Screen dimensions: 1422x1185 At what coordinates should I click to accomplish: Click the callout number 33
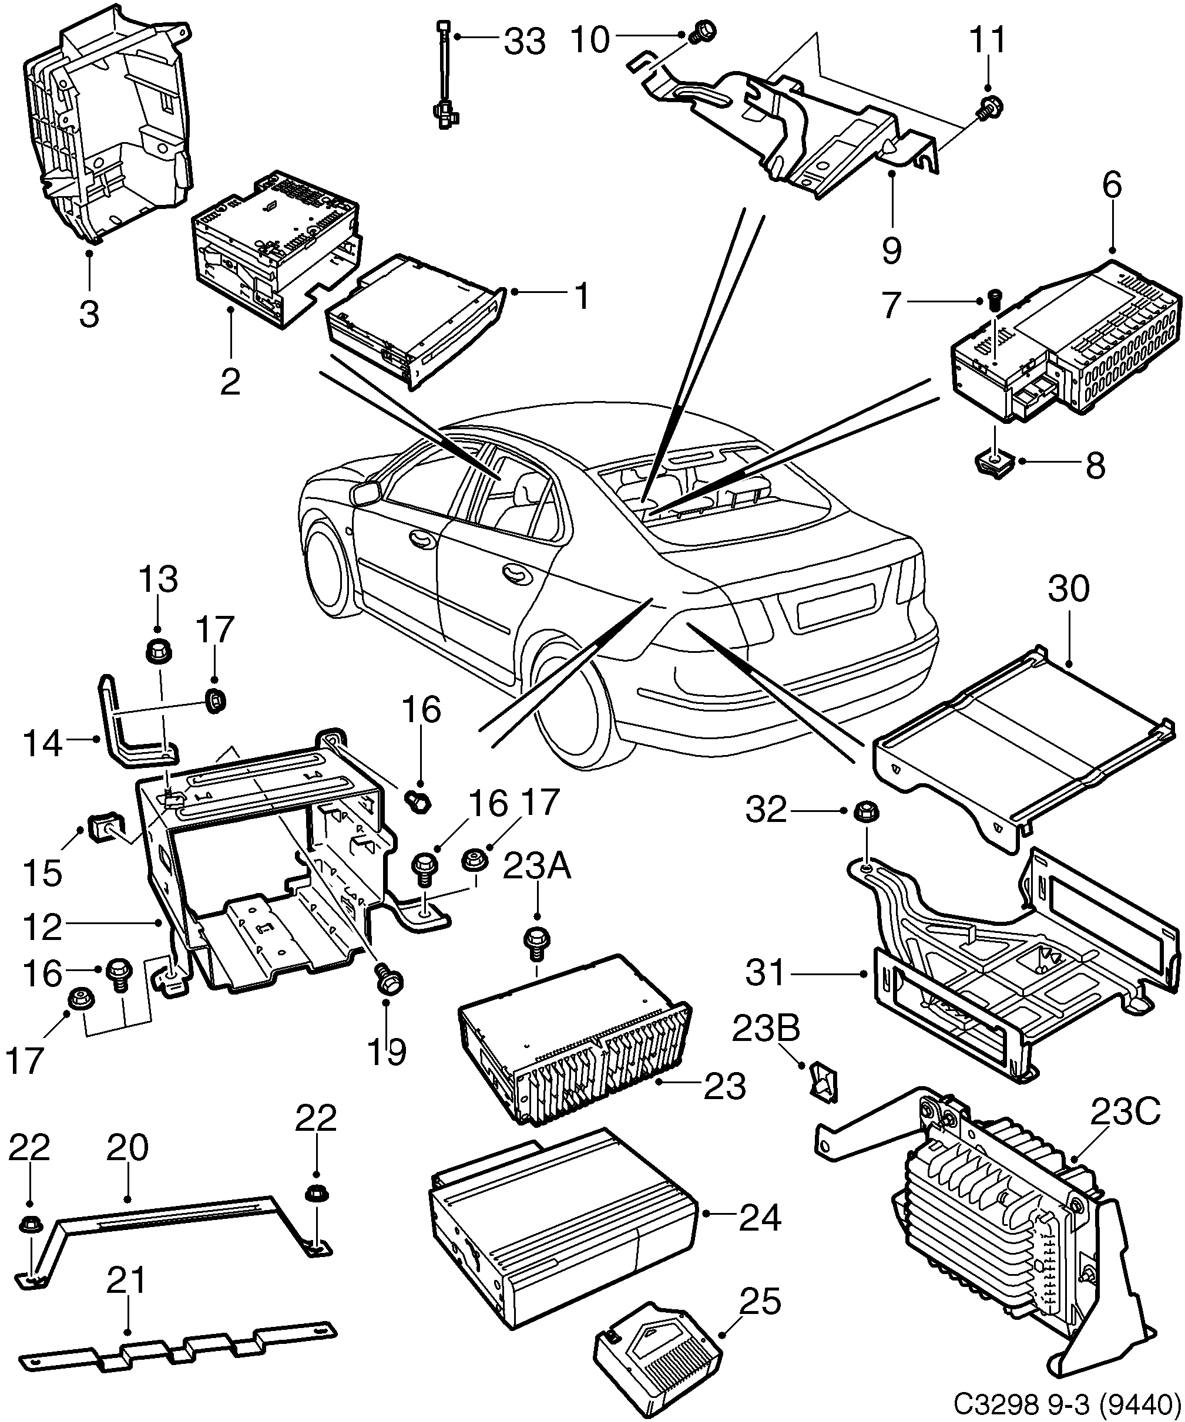tap(525, 42)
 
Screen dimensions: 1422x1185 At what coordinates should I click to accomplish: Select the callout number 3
tap(89, 314)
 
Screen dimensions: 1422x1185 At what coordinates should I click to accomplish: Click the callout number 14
tap(43, 745)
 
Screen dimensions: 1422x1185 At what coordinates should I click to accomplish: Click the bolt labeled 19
tap(388, 981)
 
